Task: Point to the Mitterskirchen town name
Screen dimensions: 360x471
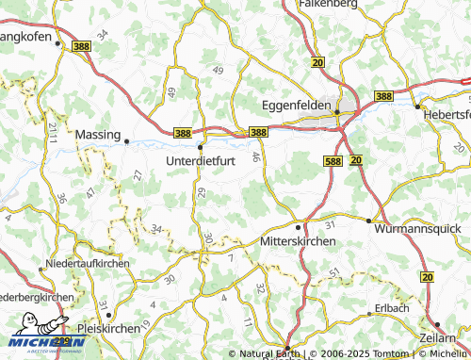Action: point(296,241)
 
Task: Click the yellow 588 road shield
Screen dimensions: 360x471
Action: point(331,161)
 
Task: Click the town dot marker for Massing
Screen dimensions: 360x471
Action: point(127,141)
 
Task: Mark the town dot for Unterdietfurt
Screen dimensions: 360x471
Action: point(201,147)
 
